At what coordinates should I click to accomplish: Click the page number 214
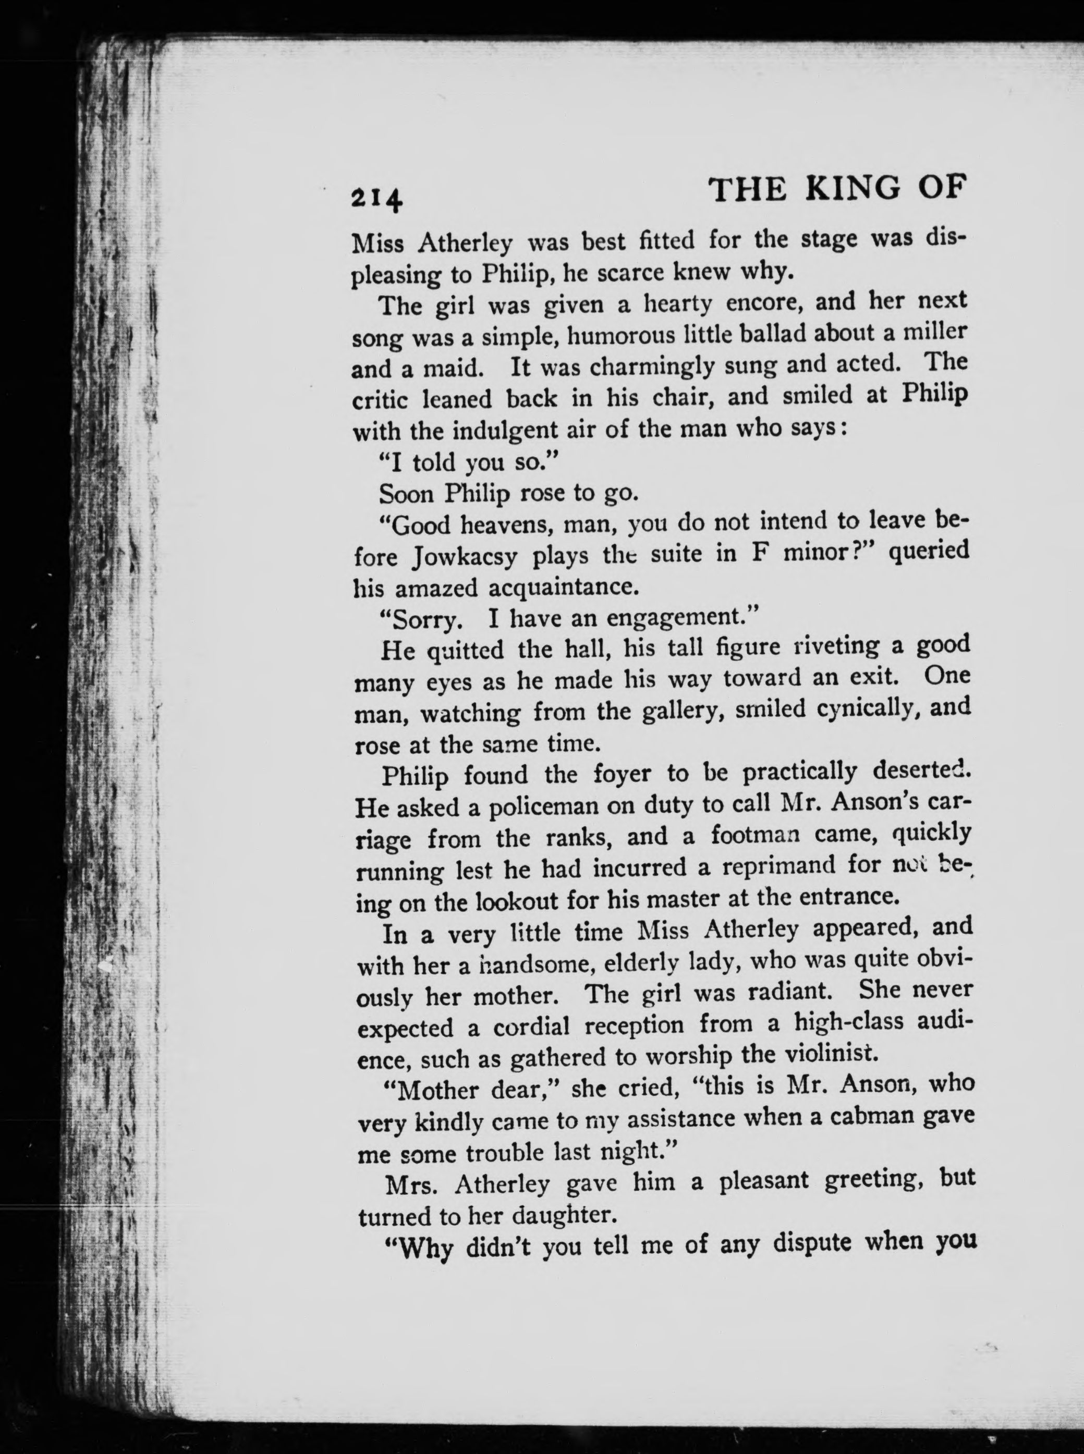[376, 198]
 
